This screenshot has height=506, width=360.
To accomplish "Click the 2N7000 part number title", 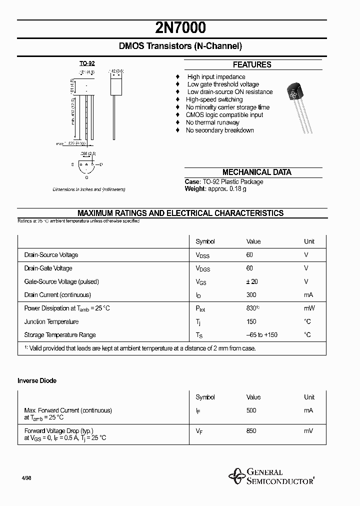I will coord(180,27).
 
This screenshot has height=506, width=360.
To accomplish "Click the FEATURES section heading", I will coord(252,64).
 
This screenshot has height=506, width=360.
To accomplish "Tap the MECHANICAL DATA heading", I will coord(256,172).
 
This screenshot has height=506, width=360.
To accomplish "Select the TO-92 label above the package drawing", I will coord(87,63).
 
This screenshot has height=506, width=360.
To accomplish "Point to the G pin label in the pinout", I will coord(87,177).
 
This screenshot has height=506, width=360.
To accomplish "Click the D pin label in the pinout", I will coord(101,164).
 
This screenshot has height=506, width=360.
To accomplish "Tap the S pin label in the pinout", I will coord(72,164).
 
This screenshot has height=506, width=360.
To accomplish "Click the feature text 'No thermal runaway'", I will coord(212,122).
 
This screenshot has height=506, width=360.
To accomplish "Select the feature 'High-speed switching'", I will coord(214,99).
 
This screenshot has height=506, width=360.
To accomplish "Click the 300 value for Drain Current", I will coord(251,295).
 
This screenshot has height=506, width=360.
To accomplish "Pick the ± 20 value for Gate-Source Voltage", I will coord(252,281).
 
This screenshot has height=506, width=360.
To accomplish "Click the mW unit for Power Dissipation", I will coord(309,308).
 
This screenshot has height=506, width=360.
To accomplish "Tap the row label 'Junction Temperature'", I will coord(51,322).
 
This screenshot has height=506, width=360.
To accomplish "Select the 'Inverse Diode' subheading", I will coord(37,380).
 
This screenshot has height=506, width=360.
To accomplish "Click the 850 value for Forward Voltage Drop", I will coord(251,430).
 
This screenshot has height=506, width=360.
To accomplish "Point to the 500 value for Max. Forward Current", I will coord(251,410).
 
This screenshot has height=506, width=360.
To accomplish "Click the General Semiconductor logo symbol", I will coord(235,476).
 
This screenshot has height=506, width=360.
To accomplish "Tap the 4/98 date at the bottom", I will coord(27,478).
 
